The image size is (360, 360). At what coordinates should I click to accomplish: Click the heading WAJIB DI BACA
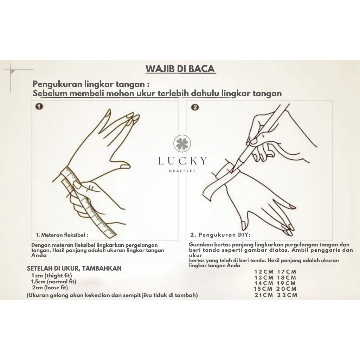[180, 69]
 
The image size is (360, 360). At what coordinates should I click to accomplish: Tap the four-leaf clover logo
[182, 144]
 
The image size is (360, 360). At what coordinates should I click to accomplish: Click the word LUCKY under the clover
[182, 161]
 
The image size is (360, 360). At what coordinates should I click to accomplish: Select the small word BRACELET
[182, 171]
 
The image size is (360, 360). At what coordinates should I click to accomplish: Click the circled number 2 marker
[195, 108]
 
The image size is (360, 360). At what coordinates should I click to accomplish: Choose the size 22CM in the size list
[287, 295]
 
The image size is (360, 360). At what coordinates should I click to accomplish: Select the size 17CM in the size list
[287, 272]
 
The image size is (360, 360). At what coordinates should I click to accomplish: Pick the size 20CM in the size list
[287, 289]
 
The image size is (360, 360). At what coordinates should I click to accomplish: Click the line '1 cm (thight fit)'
[52, 276]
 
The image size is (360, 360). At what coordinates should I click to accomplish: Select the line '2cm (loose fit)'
[50, 288]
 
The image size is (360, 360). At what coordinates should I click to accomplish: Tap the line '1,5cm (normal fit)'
[54, 282]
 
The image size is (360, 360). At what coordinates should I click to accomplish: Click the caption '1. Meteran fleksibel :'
[62, 235]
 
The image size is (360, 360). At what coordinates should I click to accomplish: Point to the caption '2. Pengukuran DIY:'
[220, 235]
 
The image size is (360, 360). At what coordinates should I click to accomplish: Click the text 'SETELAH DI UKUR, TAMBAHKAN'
[74, 268]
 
